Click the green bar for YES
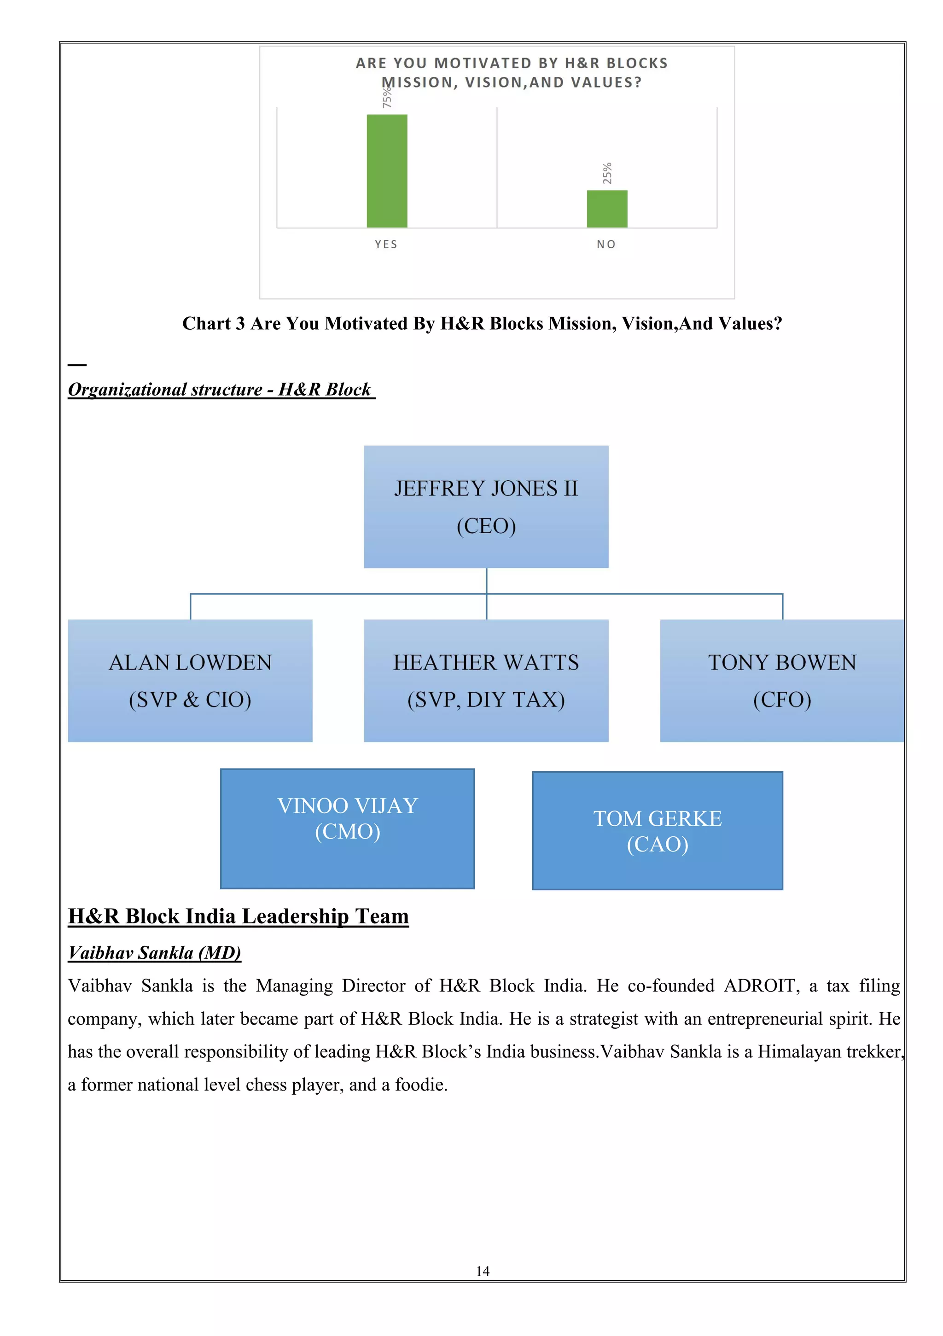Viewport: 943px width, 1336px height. pos(387,170)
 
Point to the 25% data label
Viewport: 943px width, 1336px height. pos(607,174)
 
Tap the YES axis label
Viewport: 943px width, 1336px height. pos(386,245)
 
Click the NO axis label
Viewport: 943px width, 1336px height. pos(606,245)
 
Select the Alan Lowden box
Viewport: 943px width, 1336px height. pos(190,680)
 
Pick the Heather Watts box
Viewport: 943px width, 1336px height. pos(486,680)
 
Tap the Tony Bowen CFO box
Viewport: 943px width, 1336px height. pos(782,680)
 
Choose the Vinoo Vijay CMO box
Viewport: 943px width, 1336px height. pos(347,828)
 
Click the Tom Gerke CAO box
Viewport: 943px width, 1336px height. pos(658,830)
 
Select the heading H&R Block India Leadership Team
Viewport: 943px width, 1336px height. pos(238,916)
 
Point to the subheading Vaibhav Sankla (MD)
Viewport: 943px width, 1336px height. pos(154,952)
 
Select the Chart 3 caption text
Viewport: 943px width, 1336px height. pos(482,324)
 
